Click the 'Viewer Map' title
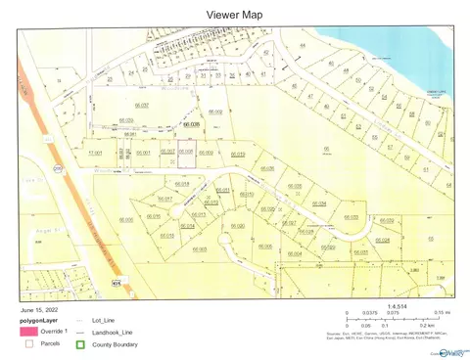tap(235, 15)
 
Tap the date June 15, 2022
tap(39, 310)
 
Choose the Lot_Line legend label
tap(102, 320)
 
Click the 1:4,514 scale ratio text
tap(397, 306)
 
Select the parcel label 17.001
tap(96, 154)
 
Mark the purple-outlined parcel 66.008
tap(186, 152)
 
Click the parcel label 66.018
tap(181, 184)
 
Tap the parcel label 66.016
tap(154, 216)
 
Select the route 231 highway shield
tap(58, 167)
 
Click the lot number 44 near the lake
tap(303, 46)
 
